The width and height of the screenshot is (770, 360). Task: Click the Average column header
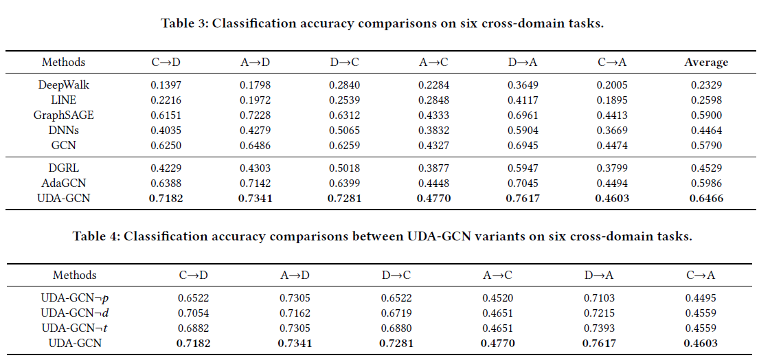[x=706, y=62]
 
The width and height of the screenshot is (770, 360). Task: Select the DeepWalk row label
[x=64, y=85]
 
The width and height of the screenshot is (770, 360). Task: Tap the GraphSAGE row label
[x=64, y=115]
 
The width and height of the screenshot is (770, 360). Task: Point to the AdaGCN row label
[x=64, y=183]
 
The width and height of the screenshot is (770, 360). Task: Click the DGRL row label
[x=64, y=169]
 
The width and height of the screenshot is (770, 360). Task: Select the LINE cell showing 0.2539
[x=344, y=100]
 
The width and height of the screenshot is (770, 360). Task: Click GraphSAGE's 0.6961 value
[x=523, y=115]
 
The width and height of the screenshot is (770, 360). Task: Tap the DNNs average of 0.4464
[x=706, y=131]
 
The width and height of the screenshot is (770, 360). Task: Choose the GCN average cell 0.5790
[x=706, y=146]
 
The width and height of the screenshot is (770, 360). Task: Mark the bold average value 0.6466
[x=706, y=199]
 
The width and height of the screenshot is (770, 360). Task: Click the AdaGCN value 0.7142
[x=255, y=183]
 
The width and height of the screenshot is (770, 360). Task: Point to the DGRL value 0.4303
[x=255, y=169]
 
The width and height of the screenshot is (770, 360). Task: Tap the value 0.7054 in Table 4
[x=193, y=313]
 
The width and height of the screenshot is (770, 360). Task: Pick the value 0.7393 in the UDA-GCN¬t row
[x=600, y=328]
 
